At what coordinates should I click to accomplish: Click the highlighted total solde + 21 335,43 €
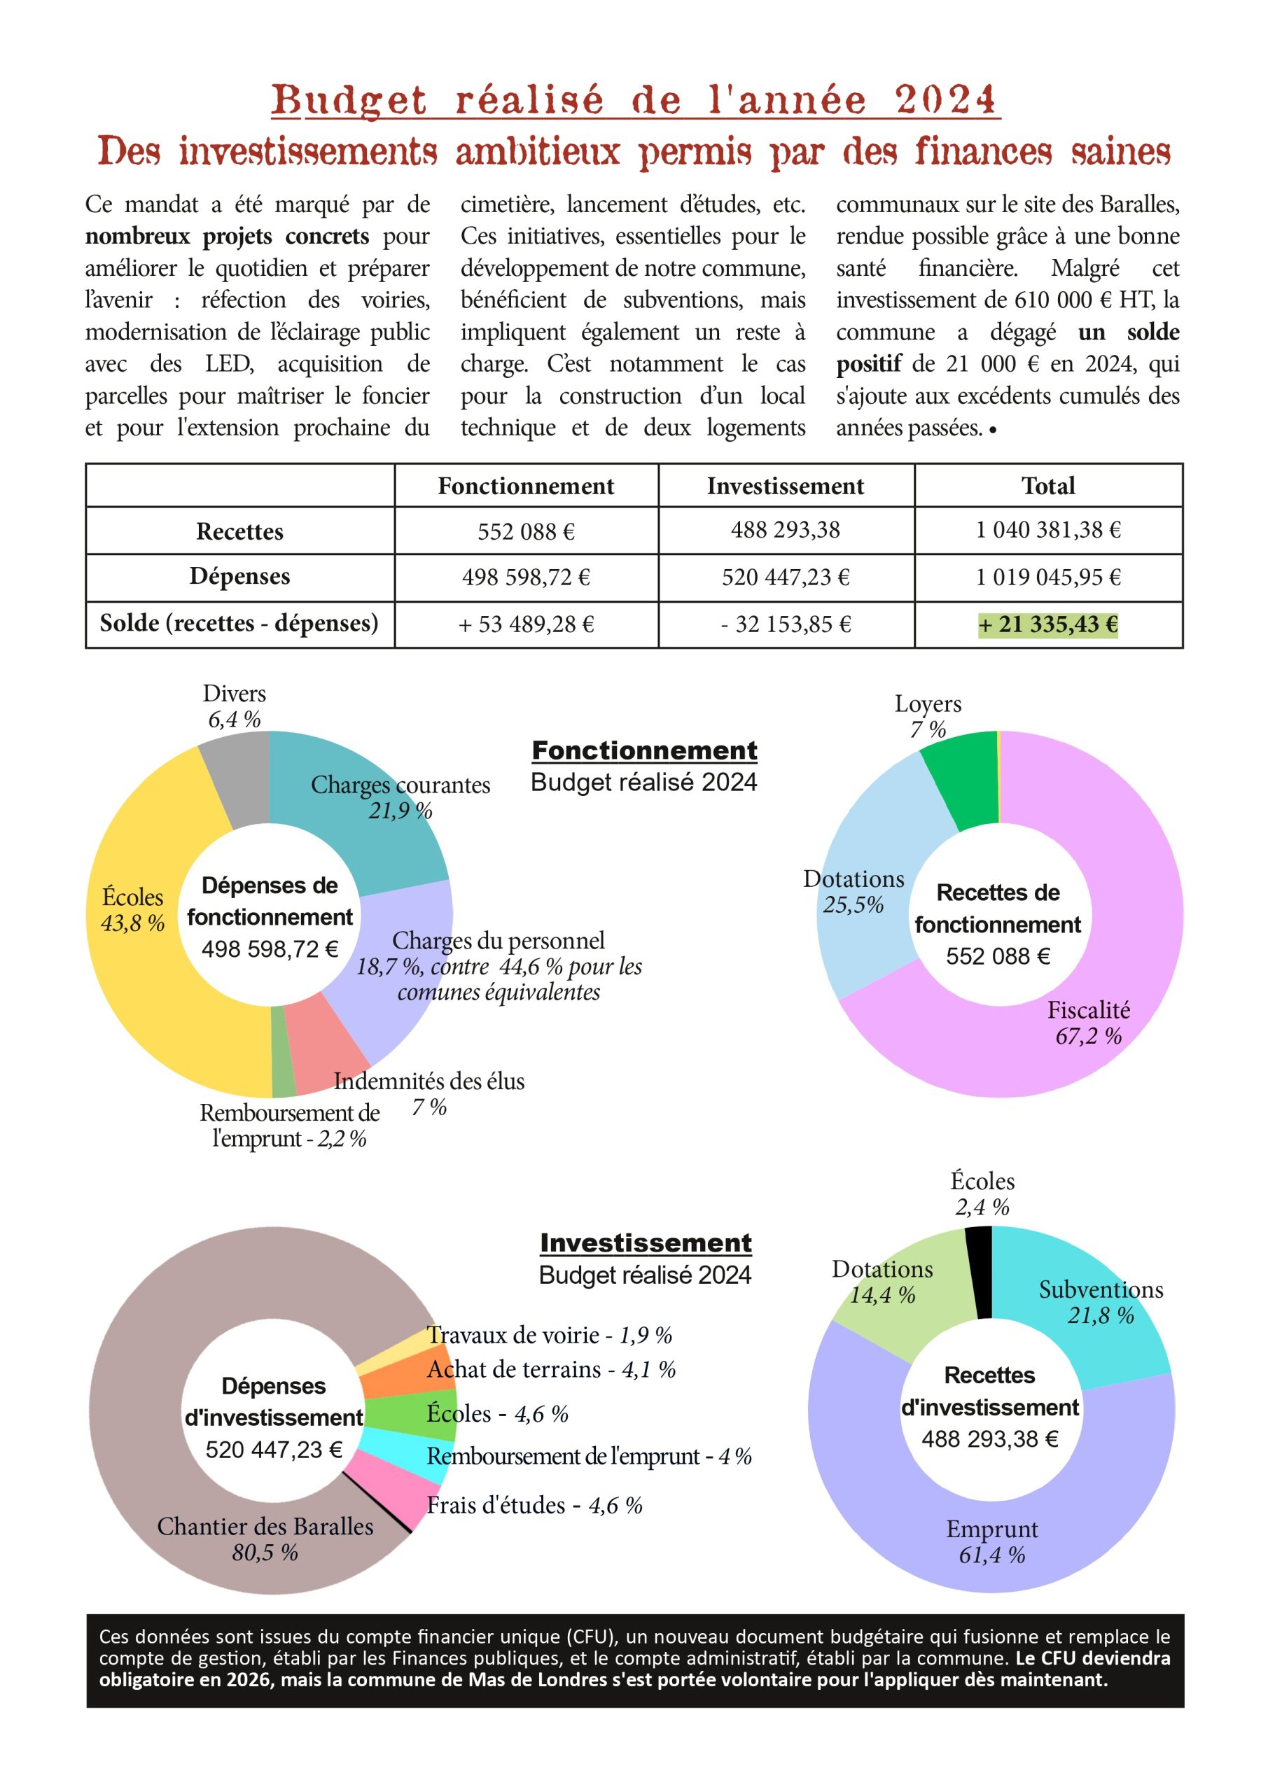click(1048, 624)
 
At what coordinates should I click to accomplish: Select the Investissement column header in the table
click(786, 486)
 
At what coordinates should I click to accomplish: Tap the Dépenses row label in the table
click(239, 577)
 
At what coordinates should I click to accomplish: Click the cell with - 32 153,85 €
click(786, 624)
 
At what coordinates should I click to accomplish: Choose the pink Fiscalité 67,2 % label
click(1089, 1023)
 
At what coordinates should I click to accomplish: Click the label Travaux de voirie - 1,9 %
click(549, 1336)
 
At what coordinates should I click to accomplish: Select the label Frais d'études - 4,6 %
click(534, 1506)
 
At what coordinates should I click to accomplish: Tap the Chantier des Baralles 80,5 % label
click(265, 1539)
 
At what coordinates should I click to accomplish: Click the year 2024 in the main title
click(945, 101)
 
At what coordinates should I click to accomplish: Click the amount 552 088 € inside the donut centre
click(998, 956)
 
